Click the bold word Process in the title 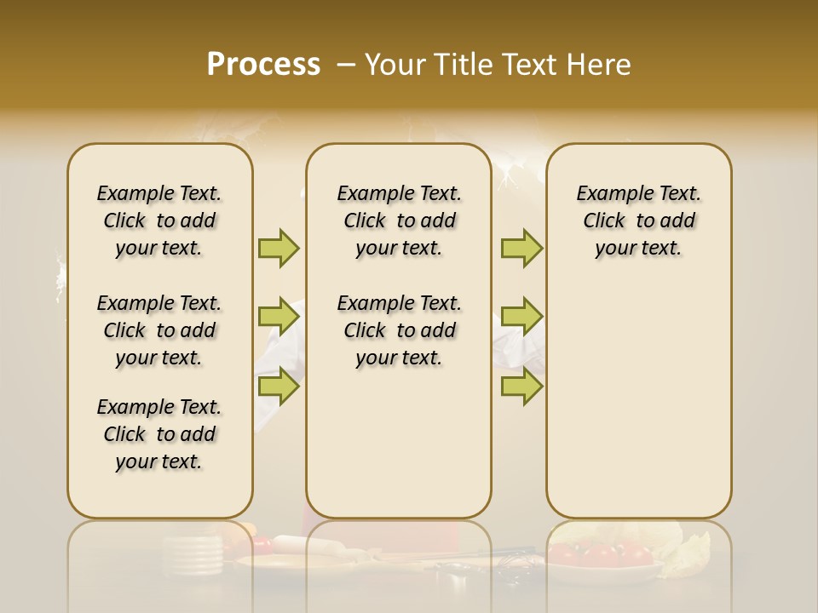[263, 65]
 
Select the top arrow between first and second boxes [279, 248]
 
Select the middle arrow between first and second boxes [279, 317]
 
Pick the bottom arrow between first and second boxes [279, 387]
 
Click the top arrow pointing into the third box [521, 248]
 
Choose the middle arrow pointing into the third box [521, 317]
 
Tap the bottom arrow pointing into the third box [521, 387]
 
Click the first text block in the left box [159, 221]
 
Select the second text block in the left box [159, 330]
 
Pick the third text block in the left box [159, 434]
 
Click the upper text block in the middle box [399, 221]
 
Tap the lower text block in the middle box [399, 330]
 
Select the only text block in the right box [638, 221]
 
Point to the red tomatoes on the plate [601, 555]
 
